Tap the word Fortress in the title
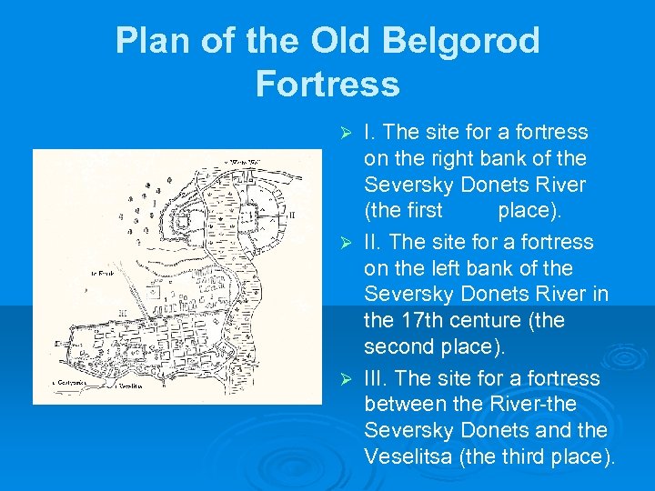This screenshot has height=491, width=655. [327, 84]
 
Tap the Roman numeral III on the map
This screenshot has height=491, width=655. [120, 311]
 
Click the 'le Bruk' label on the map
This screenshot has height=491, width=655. [102, 273]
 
